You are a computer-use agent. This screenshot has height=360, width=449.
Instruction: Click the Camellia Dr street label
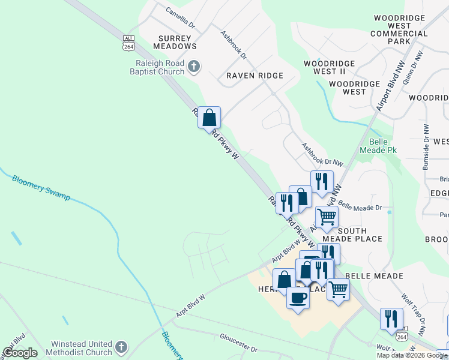click(x=180, y=19)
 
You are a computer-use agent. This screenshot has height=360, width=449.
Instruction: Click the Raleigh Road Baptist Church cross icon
click(x=194, y=67)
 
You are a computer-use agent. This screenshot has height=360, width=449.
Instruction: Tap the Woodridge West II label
click(x=328, y=67)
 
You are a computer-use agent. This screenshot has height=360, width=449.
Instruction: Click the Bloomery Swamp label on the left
click(x=41, y=188)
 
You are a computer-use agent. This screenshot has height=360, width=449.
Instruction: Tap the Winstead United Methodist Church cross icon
click(x=121, y=347)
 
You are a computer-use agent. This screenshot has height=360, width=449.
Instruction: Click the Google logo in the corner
click(x=20, y=353)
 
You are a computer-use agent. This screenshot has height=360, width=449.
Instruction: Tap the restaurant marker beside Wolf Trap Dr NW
click(x=391, y=318)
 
